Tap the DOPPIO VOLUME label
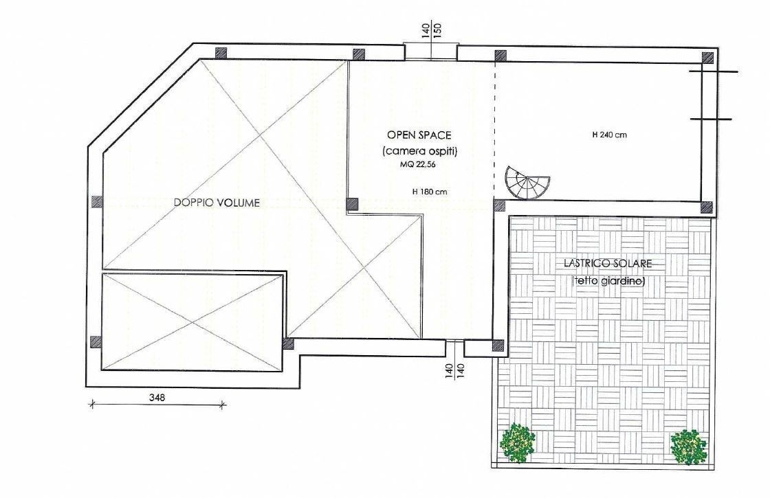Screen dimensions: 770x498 [217, 203]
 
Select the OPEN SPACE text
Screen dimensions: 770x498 [419, 135]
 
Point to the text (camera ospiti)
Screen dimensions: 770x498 [419, 151]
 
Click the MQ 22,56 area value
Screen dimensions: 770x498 [417, 165]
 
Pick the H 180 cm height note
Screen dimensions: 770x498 [430, 192]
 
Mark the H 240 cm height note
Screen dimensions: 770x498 [609, 135]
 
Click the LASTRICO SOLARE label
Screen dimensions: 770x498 [608, 264]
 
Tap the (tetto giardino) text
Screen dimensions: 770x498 [608, 281]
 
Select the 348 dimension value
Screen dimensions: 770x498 [157, 397]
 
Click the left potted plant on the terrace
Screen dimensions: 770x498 [518, 443]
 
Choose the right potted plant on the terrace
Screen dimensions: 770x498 [688, 447]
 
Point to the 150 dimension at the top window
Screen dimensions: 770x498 [438, 30]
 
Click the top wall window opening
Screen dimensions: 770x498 [430, 52]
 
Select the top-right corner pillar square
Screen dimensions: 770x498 [707, 57]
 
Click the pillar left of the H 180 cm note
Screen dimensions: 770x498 [352, 204]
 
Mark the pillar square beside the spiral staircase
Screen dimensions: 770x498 [499, 205]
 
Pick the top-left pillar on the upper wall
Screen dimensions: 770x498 [221, 53]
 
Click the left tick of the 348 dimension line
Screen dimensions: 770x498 [91, 405]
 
